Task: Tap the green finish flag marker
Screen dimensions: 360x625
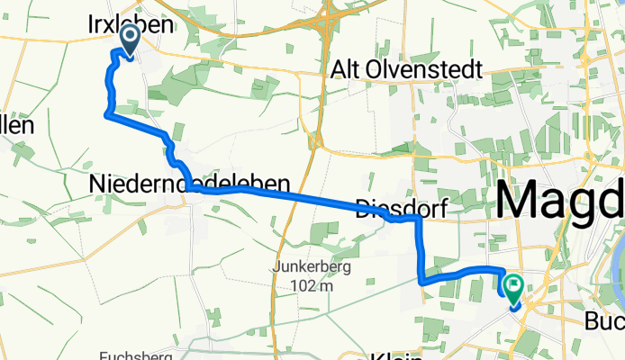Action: click(x=513, y=285)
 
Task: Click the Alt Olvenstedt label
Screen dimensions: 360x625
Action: click(x=406, y=69)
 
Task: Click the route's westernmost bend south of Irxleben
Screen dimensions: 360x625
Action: click(x=107, y=114)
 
